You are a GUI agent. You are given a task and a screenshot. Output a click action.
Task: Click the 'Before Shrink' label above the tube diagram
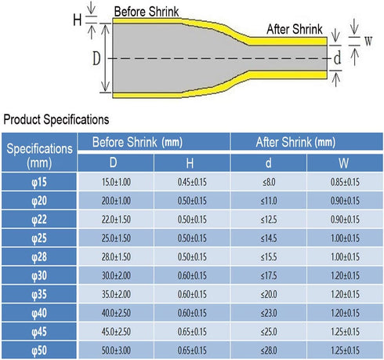(147, 12)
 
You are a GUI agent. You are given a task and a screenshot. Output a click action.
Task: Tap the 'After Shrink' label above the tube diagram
(295, 29)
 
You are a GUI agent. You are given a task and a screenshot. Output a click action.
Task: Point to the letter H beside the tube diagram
(78, 20)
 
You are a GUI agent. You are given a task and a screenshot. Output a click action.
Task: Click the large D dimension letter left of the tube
(96, 58)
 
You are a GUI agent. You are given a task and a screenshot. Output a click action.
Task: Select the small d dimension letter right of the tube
(338, 58)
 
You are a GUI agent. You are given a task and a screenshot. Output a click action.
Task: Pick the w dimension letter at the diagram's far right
(368, 41)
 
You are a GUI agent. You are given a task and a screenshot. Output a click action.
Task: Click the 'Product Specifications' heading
(56, 119)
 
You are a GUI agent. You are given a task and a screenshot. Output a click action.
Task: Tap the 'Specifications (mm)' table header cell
(39, 156)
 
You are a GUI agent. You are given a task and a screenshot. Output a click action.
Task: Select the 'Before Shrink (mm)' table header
(137, 142)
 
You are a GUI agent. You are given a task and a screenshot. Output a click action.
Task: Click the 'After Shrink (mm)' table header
(295, 142)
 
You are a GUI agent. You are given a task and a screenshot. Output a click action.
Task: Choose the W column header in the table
(344, 163)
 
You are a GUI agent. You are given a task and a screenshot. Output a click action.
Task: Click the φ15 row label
(39, 182)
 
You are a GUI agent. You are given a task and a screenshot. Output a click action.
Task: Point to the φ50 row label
(39, 351)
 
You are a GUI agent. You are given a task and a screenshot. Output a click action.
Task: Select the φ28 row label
(39, 256)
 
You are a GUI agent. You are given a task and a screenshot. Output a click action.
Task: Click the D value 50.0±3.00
(116, 351)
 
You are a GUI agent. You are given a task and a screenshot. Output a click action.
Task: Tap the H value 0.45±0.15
(192, 182)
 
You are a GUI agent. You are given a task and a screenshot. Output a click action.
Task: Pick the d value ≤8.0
(269, 182)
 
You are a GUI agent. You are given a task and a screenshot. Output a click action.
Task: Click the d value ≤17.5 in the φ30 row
(269, 275)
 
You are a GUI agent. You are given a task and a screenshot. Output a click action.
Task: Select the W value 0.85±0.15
(345, 182)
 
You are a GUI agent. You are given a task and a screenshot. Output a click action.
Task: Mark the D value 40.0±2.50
(116, 313)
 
